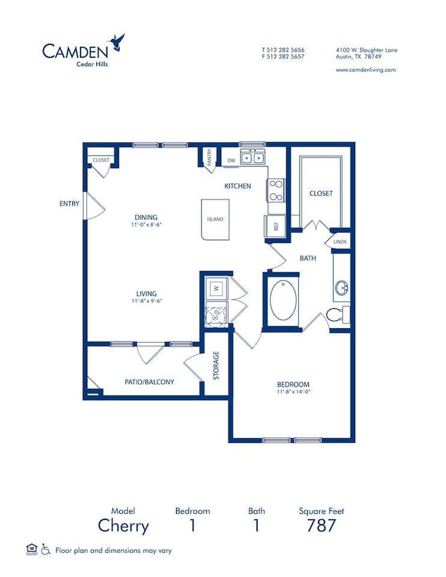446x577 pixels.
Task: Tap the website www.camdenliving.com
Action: tap(365, 70)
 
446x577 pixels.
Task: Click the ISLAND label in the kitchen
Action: tap(215, 219)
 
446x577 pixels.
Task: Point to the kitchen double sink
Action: tap(253, 159)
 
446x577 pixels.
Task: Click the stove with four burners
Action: tap(276, 190)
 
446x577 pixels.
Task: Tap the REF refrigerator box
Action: tap(275, 227)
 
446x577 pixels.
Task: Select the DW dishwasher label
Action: tap(231, 160)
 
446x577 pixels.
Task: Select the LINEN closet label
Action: tap(340, 242)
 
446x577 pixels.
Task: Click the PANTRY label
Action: tap(209, 157)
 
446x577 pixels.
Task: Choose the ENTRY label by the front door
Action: tap(69, 204)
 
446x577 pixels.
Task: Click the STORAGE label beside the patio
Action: tap(216, 365)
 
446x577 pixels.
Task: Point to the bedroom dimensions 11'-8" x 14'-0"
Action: tap(293, 392)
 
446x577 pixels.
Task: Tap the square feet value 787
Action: tap(321, 526)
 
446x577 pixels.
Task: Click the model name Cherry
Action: tap(123, 526)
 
